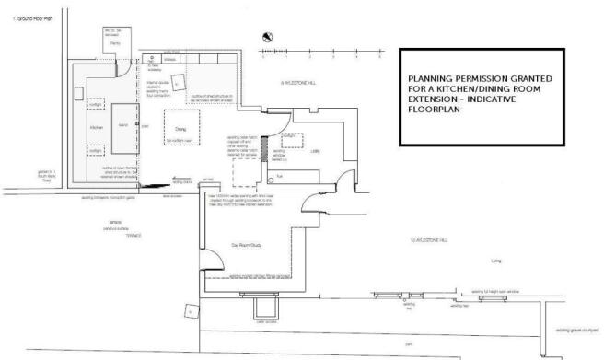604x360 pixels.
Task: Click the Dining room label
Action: click(x=180, y=130)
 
